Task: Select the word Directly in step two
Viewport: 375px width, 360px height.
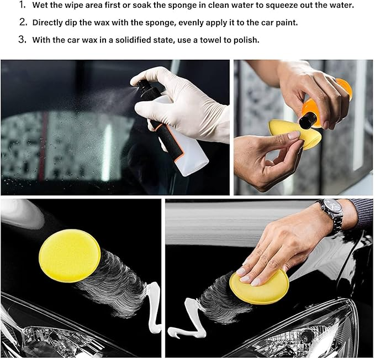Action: point(49,23)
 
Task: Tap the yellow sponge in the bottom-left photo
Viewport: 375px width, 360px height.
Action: point(69,255)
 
